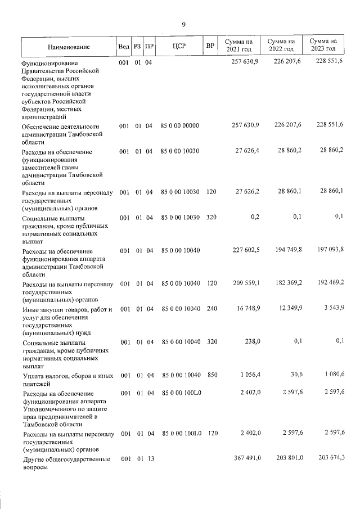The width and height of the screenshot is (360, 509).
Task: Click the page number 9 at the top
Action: tap(183, 24)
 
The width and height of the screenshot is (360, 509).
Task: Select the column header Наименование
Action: tap(68, 47)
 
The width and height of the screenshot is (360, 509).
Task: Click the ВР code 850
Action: tap(211, 375)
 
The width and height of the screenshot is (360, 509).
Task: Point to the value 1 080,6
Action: tap(330, 375)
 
